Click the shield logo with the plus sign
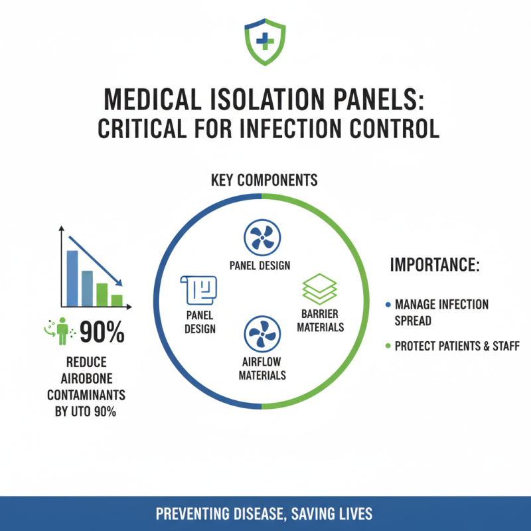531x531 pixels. (x=265, y=40)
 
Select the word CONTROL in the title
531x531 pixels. (x=398, y=128)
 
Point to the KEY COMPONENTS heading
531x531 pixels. (x=264, y=181)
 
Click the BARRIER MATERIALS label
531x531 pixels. (x=320, y=320)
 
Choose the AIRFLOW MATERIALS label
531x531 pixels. (x=264, y=368)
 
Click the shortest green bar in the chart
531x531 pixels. (x=117, y=300)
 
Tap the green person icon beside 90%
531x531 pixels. (x=63, y=331)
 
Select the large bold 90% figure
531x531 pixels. (x=102, y=333)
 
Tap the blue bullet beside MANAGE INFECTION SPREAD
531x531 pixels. (x=388, y=305)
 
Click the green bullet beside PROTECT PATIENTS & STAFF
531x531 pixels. (x=388, y=346)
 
